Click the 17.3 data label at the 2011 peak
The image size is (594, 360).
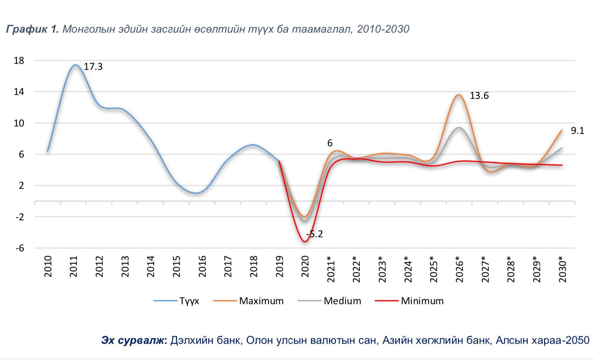93,67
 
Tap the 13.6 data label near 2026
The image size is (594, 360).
479,96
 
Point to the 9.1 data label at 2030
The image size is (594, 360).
577,131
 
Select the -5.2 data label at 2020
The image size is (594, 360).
315,234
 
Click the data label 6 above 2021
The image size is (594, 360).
330,143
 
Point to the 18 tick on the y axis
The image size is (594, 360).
19,61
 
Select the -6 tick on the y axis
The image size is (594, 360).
19,248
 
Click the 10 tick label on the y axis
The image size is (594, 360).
19,123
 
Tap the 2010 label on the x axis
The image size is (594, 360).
48,266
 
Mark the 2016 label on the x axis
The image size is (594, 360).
202,266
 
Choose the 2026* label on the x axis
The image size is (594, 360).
459,269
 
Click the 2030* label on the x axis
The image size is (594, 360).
562,269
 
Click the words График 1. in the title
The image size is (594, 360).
32,29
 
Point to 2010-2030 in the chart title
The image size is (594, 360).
383,29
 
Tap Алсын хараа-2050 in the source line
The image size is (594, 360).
542,340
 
